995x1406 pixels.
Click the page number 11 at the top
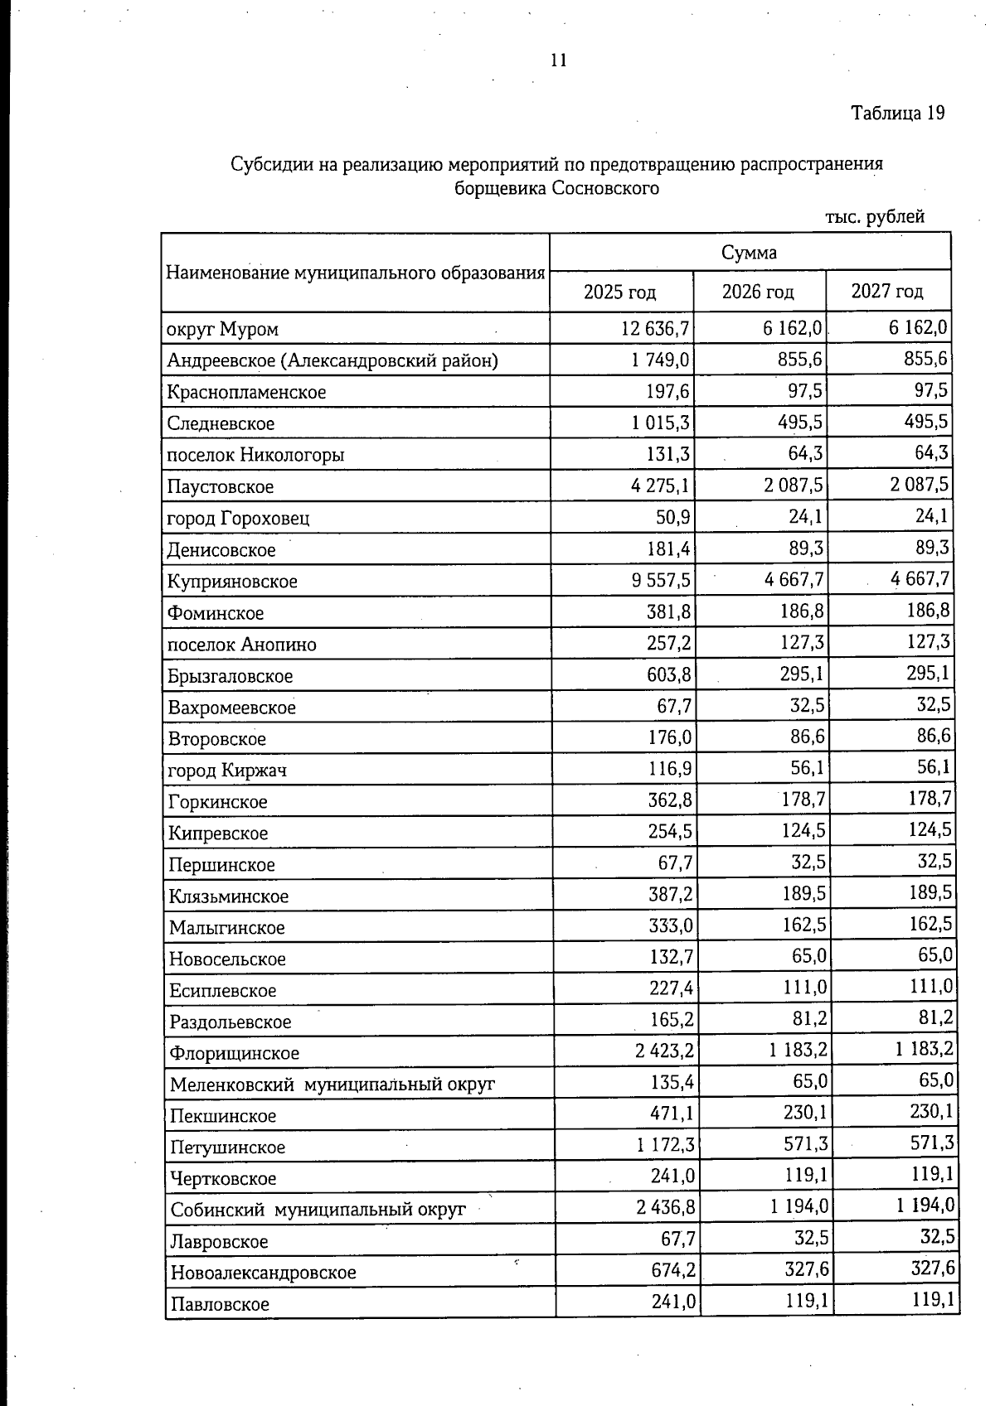[x=558, y=60]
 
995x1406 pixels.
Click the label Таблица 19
[x=898, y=113]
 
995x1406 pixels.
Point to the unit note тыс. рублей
[x=875, y=218]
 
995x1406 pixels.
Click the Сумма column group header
[x=749, y=253]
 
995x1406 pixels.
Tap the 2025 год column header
[x=620, y=292]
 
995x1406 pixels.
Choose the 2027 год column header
[x=887, y=292]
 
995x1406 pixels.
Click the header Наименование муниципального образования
[x=356, y=273]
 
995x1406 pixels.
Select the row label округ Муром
[x=222, y=330]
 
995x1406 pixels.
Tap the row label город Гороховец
[x=238, y=519]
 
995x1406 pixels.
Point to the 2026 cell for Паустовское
[x=794, y=486]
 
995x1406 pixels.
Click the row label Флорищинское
[x=234, y=1053]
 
